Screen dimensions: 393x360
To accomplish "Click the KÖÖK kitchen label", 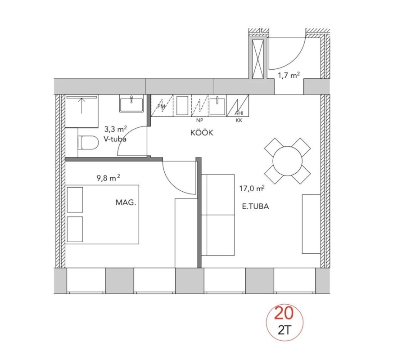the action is coord(202,133).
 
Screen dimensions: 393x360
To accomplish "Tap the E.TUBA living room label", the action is coord(255,207).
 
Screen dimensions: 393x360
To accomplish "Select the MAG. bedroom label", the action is coord(126,202).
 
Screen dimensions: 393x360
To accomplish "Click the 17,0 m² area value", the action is coord(252,188).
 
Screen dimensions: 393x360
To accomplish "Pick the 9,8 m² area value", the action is coord(108,178).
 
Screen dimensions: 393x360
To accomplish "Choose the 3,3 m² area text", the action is coord(116,129).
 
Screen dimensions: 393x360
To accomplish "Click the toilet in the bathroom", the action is coord(88,143).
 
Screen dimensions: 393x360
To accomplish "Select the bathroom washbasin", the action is coord(131,103).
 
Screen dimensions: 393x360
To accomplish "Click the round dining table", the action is coord(288,161).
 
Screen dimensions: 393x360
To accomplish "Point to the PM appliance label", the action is coord(161,106).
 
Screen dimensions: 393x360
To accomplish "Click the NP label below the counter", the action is coord(199,121).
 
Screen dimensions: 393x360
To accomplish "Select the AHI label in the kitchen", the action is coord(239,113).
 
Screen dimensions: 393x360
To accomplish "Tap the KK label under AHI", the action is coord(239,121).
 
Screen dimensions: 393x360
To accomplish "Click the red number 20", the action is coord(284,313).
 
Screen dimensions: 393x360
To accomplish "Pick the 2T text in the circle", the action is coord(284,331).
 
